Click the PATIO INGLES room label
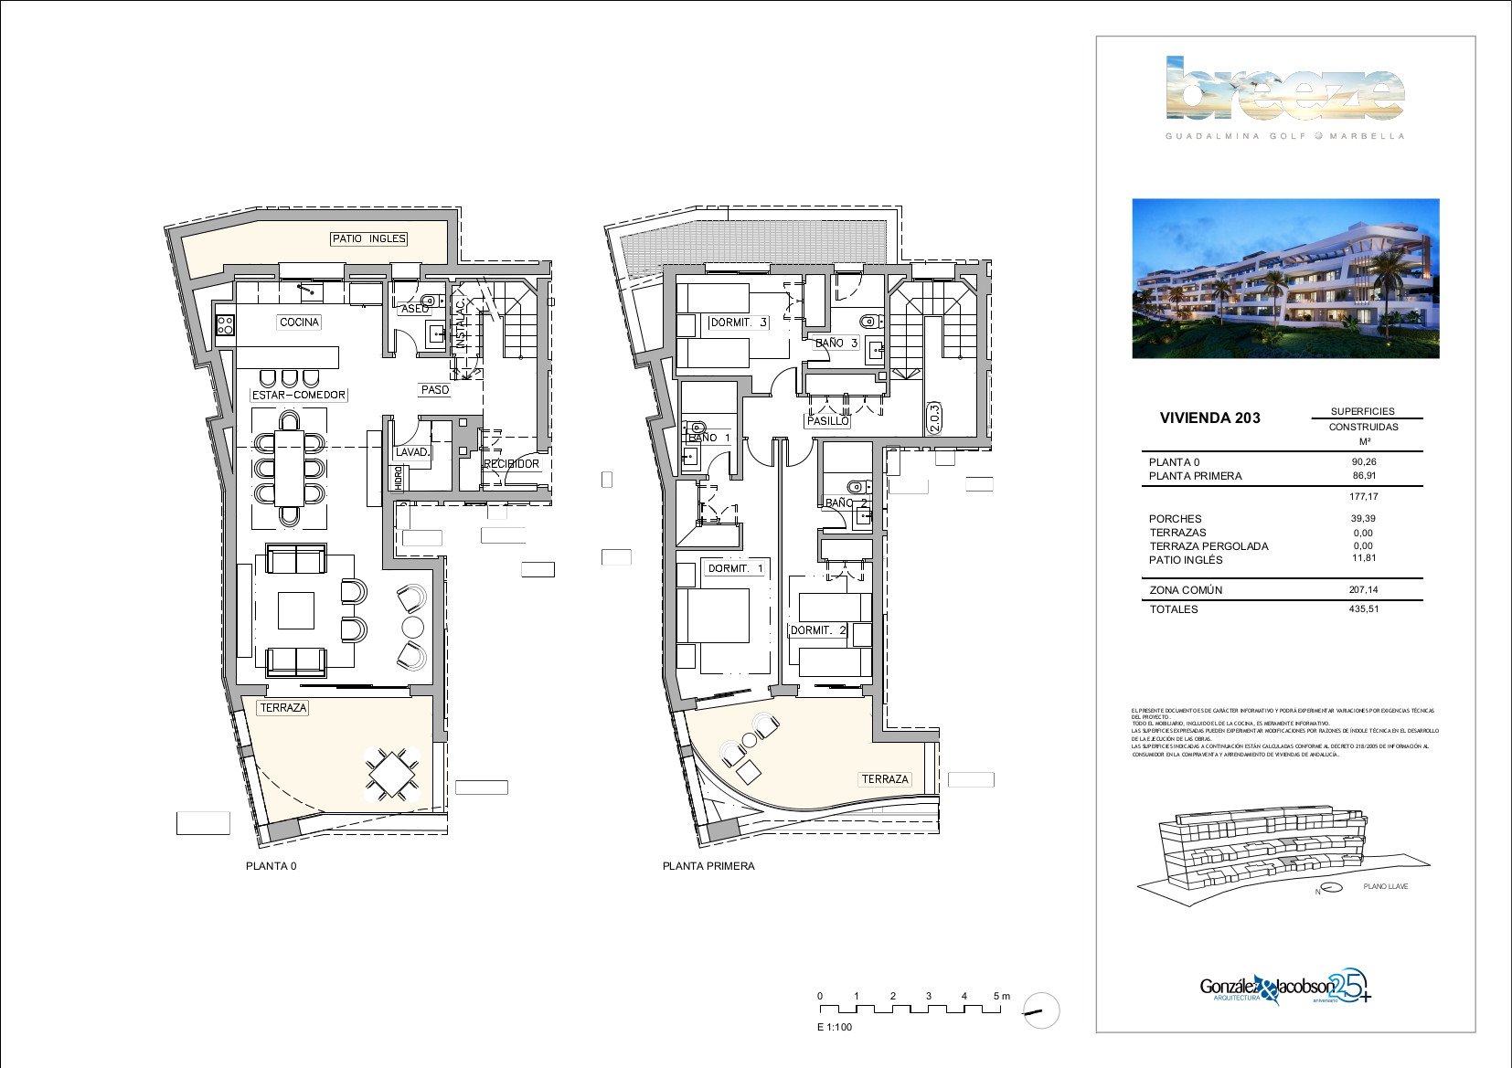[x=368, y=238]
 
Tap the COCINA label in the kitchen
[x=299, y=322]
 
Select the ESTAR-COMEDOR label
[x=299, y=395]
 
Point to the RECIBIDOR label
[x=511, y=464]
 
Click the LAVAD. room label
[x=412, y=452]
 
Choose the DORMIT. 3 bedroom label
[x=739, y=323]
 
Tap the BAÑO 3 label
[x=836, y=344]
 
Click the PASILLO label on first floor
[x=827, y=421]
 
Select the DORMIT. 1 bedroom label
[x=735, y=568]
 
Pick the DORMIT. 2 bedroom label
[x=818, y=630]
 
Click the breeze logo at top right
[x=1284, y=89]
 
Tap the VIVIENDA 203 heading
[x=1209, y=418]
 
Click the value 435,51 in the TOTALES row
[x=1363, y=609]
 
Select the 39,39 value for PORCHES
[x=1363, y=519]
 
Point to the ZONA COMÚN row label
[x=1186, y=590]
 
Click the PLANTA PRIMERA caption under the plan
[x=708, y=866]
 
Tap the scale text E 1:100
[x=834, y=1027]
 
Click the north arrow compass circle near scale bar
[x=1040, y=1011]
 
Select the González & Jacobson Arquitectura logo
[x=1284, y=989]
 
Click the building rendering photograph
[x=1285, y=278]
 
